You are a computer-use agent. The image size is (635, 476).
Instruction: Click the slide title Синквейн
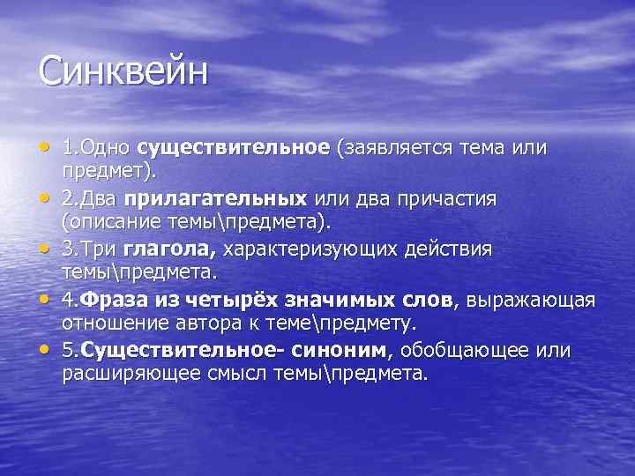point(123,71)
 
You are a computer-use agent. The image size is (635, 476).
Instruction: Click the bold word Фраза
point(110,301)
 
